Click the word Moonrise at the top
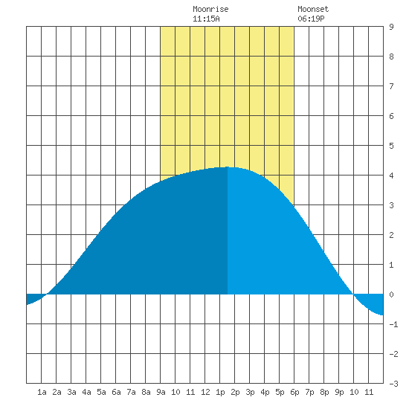[210, 9]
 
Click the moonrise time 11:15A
[206, 19]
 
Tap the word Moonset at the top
[313, 9]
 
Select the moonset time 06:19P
[311, 19]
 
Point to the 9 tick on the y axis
[391, 27]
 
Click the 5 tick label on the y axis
[391, 146]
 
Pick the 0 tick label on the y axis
[391, 294]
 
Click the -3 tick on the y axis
[393, 384]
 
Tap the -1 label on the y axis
[393, 324]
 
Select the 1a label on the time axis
[42, 392]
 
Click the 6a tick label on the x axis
[116, 392]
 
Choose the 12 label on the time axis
[205, 392]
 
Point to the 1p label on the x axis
[220, 392]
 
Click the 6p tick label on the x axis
[294, 392]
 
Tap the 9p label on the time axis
[339, 392]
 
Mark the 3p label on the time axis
[250, 392]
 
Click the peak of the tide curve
[228, 167]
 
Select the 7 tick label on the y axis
[391, 86]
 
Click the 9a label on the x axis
[161, 392]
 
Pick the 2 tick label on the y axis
[391, 235]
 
